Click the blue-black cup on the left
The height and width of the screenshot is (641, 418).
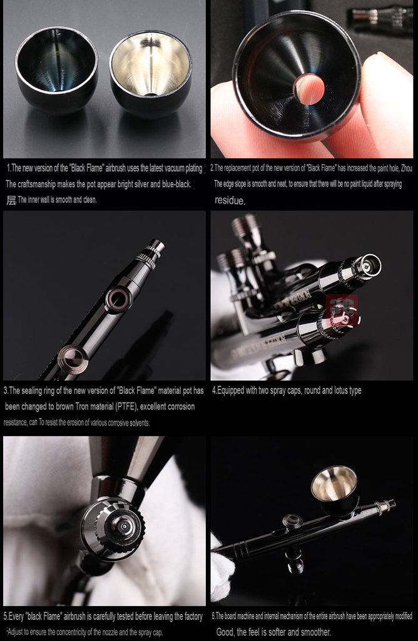pyautogui.click(x=56, y=69)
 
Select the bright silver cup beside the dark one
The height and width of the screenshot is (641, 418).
pyautogui.click(x=151, y=73)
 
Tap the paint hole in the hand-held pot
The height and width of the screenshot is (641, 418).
pyautogui.click(x=309, y=90)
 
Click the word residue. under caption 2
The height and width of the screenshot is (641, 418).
pyautogui.click(x=230, y=201)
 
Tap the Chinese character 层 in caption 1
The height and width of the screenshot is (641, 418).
pyautogui.click(x=11, y=200)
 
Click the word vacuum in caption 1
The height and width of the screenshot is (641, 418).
pyautogui.click(x=156, y=168)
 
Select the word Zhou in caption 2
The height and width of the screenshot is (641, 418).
pyautogui.click(x=404, y=168)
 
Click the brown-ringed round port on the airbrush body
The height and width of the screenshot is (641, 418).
pyautogui.click(x=118, y=299)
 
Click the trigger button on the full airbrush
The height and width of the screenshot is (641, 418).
pyautogui.click(x=292, y=521)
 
